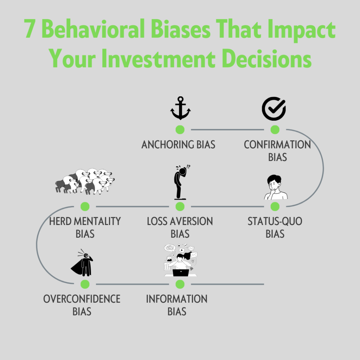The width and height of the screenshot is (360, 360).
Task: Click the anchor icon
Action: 180,109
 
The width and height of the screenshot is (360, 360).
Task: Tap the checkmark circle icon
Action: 274,109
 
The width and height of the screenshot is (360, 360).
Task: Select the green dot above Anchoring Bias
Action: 180,129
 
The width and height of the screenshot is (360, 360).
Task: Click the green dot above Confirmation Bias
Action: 275,129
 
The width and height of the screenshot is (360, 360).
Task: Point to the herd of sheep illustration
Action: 85,181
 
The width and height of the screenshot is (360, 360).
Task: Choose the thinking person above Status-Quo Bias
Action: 275,187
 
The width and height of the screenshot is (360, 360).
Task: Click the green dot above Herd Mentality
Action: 85,206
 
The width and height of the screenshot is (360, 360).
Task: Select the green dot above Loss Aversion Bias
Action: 180,206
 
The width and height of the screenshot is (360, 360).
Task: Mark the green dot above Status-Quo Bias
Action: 275,206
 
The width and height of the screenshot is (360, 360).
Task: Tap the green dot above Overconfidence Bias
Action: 85,284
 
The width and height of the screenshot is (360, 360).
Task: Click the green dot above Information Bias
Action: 180,284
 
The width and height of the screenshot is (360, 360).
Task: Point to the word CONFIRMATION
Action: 277,144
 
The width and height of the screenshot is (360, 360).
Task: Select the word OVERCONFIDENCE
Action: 82,299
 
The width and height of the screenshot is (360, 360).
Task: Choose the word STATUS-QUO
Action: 275,221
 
